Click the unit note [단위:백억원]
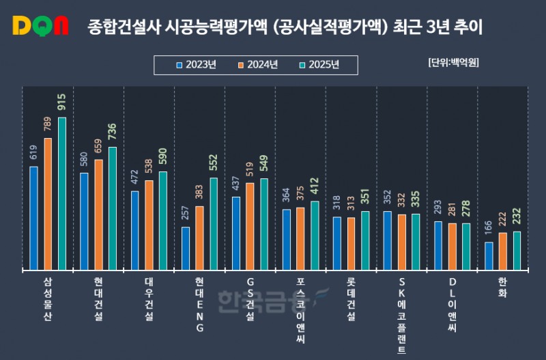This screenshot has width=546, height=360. [454, 63]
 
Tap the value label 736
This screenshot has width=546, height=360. [113, 134]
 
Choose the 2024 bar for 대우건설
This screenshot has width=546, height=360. [149, 225]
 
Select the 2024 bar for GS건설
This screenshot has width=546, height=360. [250, 225]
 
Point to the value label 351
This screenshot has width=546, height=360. [365, 198]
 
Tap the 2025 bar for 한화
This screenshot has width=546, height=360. [517, 250]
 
